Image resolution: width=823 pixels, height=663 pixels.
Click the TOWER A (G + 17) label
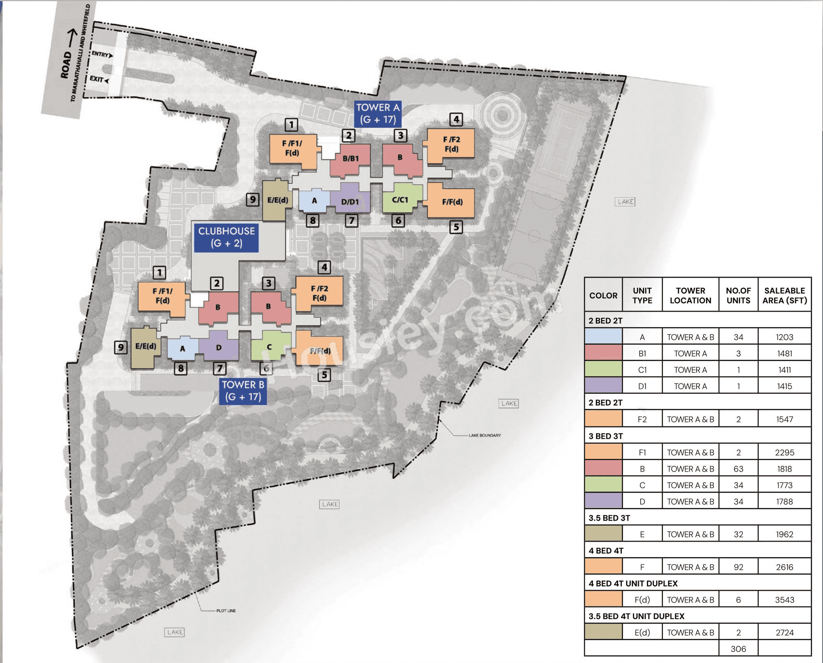tap(378, 114)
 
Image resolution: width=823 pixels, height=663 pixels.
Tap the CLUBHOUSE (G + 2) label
tap(226, 237)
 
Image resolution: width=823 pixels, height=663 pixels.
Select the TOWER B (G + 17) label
tap(243, 391)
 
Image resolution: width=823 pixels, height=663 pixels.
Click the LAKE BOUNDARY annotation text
tap(485, 435)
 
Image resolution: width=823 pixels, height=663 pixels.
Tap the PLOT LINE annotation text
tap(226, 611)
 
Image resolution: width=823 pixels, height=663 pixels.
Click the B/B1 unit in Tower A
tap(351, 159)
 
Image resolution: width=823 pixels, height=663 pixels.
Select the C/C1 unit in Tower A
tap(400, 200)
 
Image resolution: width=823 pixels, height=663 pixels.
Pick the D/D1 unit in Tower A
tap(350, 202)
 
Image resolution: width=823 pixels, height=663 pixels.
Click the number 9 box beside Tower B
tap(121, 347)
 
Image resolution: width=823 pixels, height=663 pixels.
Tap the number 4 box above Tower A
tap(456, 119)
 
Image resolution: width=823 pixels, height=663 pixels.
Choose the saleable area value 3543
tap(784, 600)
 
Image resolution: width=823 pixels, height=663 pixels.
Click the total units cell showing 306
tap(738, 649)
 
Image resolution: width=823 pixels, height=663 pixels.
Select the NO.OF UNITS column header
tap(738, 295)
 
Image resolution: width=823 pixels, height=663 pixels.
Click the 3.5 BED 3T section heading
tap(609, 518)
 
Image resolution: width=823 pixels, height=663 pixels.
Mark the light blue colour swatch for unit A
tap(603, 337)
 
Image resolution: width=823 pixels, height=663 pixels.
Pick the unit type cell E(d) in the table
tap(642, 633)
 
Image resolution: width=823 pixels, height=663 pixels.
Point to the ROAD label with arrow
tap(68, 56)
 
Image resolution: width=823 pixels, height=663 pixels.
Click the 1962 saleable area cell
tap(784, 534)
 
